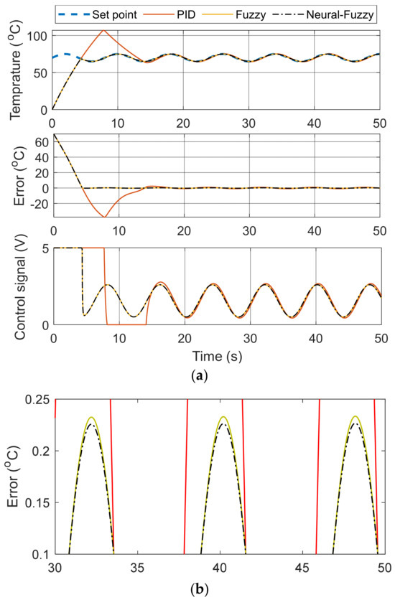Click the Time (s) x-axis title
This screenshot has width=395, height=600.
pyautogui.click(x=215, y=355)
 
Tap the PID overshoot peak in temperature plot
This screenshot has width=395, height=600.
pyautogui.click(x=104, y=30)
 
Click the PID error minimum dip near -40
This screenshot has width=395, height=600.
pyautogui.click(x=105, y=217)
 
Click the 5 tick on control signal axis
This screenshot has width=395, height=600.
pyautogui.click(x=45, y=248)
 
